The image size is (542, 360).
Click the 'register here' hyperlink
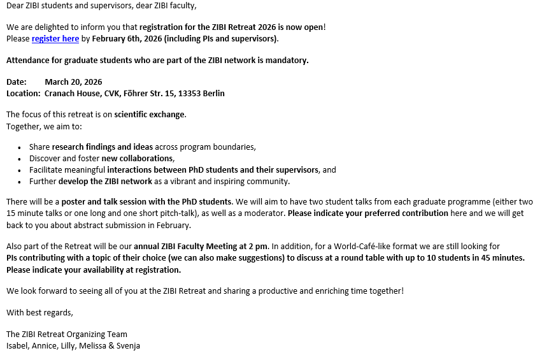55,39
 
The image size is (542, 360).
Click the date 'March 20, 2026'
73,82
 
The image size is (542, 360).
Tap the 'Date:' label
17,82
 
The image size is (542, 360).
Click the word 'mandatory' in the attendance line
285,61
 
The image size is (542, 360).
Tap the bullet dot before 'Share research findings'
20,147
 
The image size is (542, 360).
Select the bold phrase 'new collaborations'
137,158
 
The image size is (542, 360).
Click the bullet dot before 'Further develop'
20,182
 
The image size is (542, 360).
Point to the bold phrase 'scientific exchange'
150,115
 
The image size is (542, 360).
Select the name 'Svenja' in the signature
127,345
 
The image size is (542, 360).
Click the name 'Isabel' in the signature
17,345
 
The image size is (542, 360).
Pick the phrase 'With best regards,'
39,312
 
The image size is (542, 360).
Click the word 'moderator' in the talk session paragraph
261,213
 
